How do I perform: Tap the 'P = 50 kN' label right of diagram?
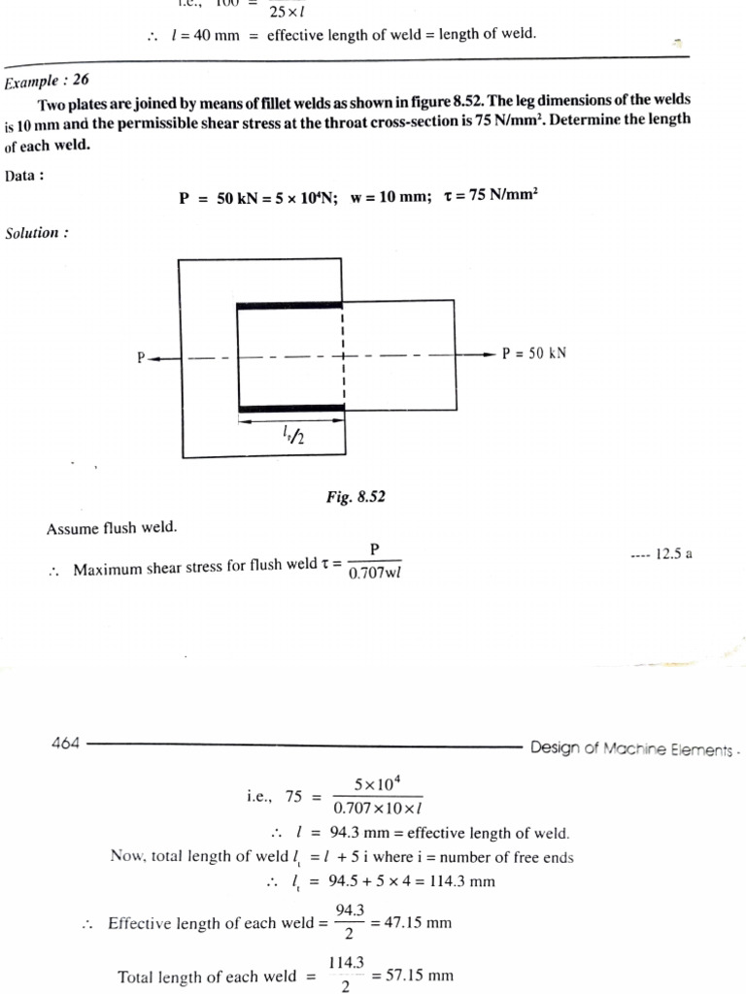tap(533, 353)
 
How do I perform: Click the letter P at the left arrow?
tap(142, 357)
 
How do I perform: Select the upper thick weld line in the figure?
tap(289, 306)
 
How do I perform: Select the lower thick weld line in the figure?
tap(289, 409)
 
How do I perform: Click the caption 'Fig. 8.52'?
tap(356, 496)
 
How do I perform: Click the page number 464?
tap(65, 745)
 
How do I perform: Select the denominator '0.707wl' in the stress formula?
tap(375, 572)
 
